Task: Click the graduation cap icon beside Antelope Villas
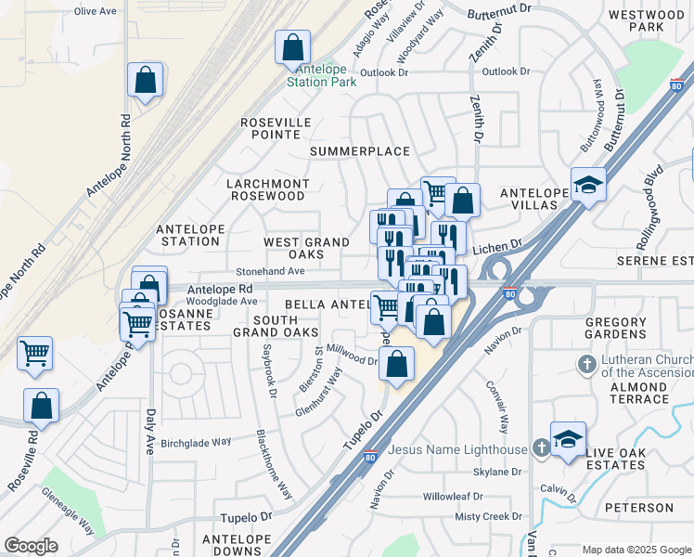[588, 185]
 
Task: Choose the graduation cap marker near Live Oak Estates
[568, 441]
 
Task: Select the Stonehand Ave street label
[270, 271]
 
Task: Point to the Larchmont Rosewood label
[266, 190]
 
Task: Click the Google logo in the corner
[31, 546]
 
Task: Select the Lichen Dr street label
[498, 249]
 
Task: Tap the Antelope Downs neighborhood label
[236, 545]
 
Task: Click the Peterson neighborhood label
[638, 508]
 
